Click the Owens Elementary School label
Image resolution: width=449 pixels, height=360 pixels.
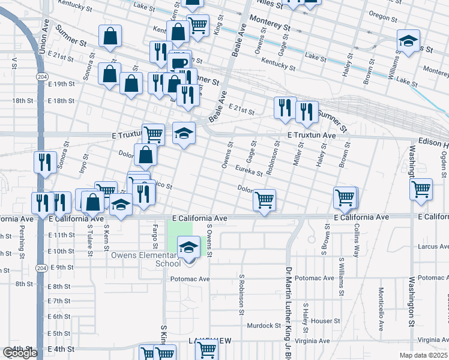tap(145, 259)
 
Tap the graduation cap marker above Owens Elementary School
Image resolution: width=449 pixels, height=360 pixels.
tap(189, 247)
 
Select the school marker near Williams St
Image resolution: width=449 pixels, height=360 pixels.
tap(408, 41)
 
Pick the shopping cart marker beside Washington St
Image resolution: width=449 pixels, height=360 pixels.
tap(421, 189)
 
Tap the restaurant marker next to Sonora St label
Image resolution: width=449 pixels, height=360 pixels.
tap(45, 161)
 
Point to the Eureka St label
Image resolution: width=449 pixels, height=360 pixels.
tap(249, 170)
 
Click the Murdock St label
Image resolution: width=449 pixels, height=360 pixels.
tap(264, 326)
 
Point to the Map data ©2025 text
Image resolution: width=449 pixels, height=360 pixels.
tap(424, 355)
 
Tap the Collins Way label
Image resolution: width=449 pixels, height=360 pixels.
tap(356, 241)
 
